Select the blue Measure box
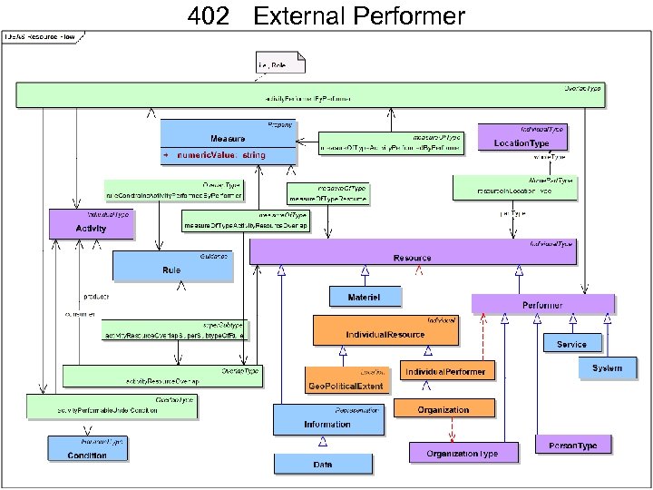tap(229, 139)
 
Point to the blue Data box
tap(323, 463)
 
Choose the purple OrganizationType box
tap(462, 451)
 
